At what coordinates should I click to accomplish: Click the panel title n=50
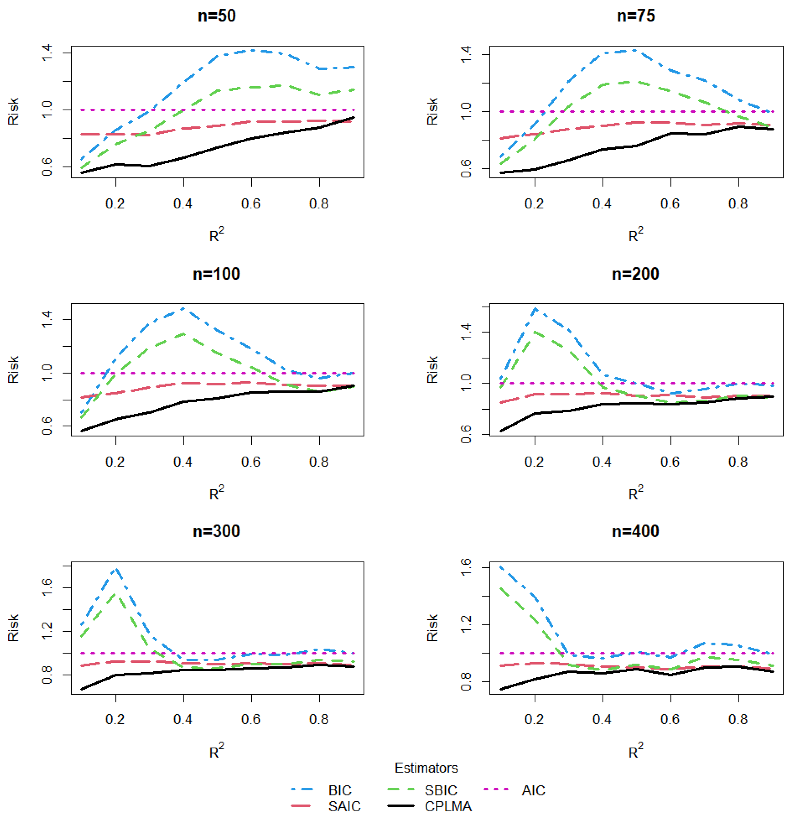pos(216,16)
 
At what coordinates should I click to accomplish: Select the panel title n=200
pos(635,274)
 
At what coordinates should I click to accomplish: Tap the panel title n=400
pos(635,531)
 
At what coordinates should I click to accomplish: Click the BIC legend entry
pos(340,790)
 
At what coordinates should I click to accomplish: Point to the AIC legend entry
pos(533,790)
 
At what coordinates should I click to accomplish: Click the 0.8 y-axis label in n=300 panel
pos(47,675)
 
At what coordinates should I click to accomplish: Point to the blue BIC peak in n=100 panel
pos(184,308)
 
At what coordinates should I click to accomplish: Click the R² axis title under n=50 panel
pos(216,235)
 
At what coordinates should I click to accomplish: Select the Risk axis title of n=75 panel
pos(432,111)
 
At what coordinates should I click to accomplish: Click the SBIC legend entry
pos(441,790)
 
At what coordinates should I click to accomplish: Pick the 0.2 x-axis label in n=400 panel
pos(534,719)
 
